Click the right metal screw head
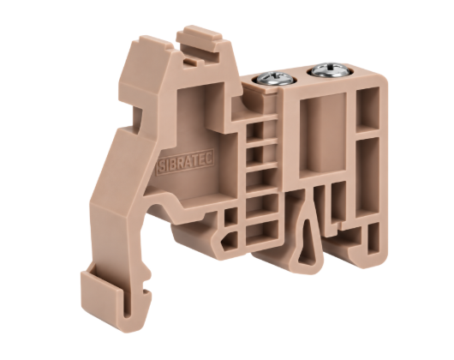[x=330, y=70]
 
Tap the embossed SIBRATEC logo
[x=186, y=162]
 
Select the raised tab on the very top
[x=200, y=41]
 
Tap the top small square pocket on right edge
[x=367, y=110]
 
